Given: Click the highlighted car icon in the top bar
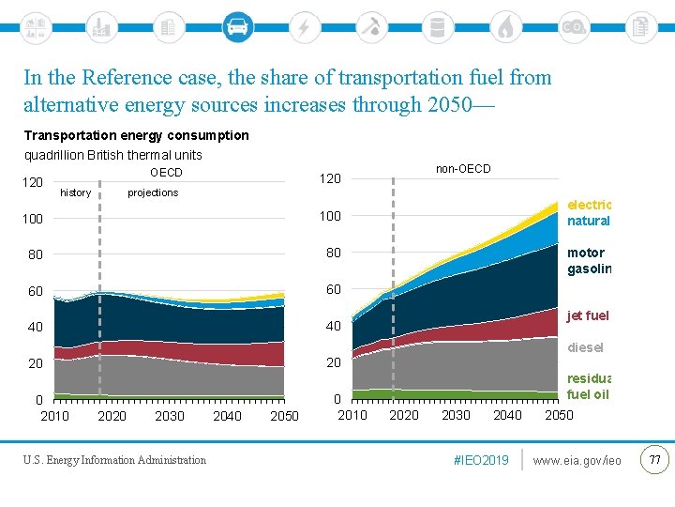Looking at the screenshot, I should (x=237, y=26).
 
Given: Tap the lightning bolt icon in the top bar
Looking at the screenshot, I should (x=303, y=27).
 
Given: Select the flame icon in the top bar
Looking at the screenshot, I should (x=505, y=27).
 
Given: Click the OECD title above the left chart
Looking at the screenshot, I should (x=166, y=173).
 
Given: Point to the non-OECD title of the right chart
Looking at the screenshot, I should (x=462, y=169).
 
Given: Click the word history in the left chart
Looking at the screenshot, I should (x=75, y=192).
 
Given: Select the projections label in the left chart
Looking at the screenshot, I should (x=153, y=192).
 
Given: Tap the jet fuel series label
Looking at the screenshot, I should (x=588, y=315).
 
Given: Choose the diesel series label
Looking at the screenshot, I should (x=586, y=347).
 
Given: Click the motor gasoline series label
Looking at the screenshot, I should (x=589, y=261).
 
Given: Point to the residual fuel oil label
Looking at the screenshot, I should (x=589, y=386).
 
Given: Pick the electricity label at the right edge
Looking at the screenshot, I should (x=589, y=205).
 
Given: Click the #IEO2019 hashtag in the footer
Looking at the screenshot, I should (x=481, y=460).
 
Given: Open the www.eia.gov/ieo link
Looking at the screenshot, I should (x=577, y=460).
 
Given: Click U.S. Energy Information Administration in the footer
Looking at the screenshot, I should (x=115, y=460).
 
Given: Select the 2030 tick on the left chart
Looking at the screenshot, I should (x=170, y=416).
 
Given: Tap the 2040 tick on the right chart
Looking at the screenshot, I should (x=507, y=415).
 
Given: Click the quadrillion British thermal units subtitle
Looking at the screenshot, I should (x=112, y=155).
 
